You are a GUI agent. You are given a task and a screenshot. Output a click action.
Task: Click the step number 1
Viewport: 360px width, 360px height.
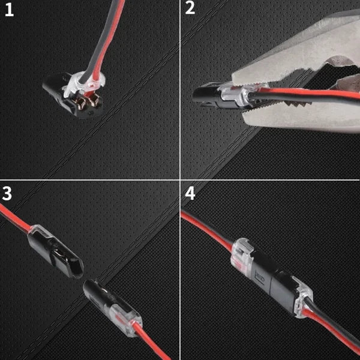(x=9, y=11)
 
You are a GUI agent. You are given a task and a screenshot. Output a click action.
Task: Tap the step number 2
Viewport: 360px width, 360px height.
(x=190, y=10)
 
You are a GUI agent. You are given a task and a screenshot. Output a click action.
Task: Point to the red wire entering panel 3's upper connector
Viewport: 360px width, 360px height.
(x=15, y=216)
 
